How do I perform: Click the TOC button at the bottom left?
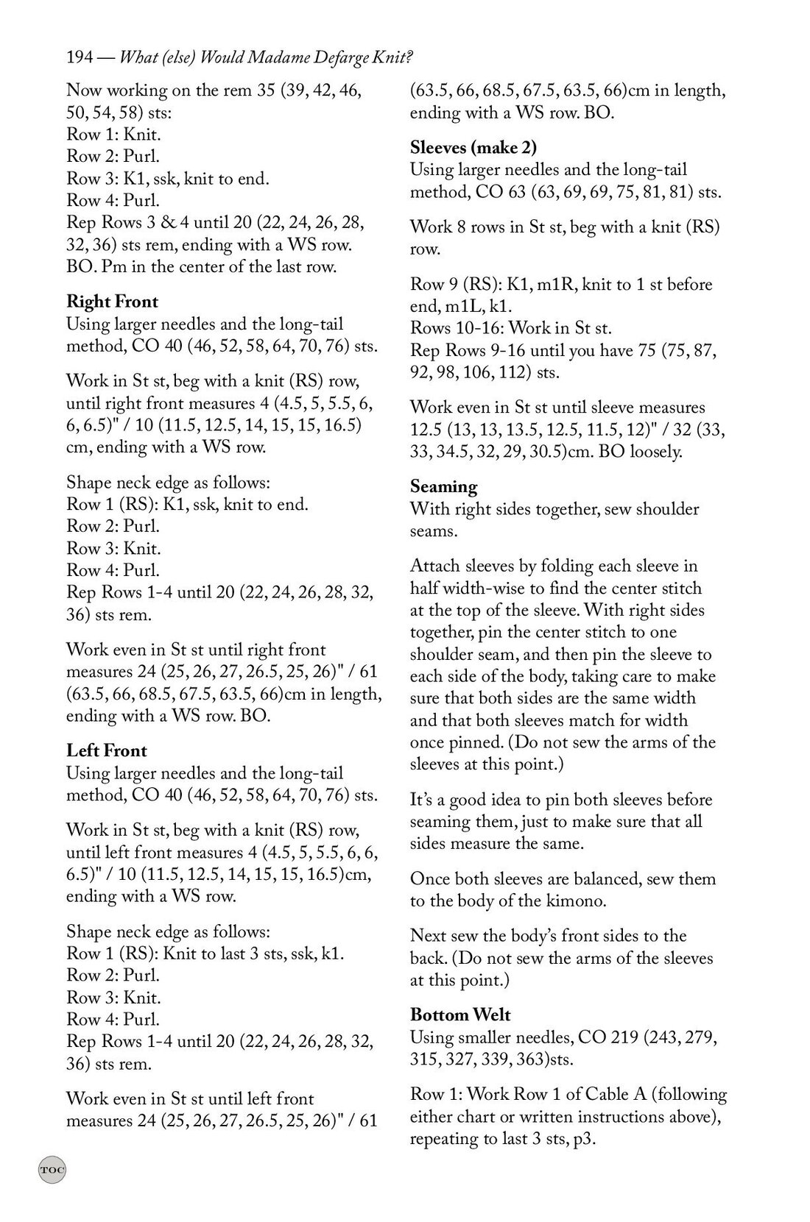coord(52,1170)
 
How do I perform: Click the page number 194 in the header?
coord(80,57)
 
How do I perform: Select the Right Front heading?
coord(112,302)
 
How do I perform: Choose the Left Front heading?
coord(107,750)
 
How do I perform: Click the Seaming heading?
coord(443,486)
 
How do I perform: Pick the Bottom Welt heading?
coord(460,1015)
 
